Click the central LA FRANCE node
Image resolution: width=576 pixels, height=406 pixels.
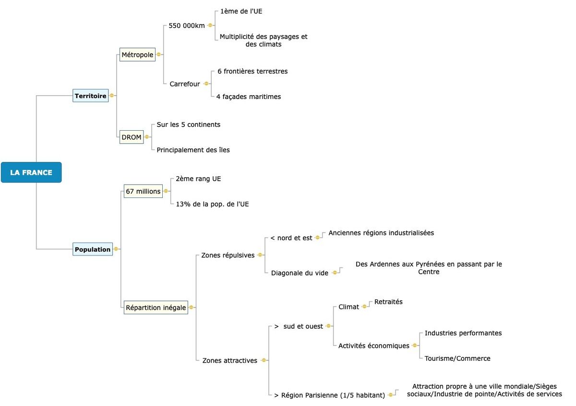pos(31,172)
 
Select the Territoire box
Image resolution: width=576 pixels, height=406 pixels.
pos(91,96)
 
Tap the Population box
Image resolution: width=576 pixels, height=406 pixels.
pos(93,249)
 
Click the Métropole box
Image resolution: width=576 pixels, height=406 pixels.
pos(137,54)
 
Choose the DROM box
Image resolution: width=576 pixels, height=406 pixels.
pos(132,137)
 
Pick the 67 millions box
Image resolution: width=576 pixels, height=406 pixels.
pos(143,191)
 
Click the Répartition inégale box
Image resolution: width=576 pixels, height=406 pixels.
pos(156,308)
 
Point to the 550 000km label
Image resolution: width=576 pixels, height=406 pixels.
pos(187,25)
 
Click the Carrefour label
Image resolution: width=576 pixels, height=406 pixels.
pos(185,84)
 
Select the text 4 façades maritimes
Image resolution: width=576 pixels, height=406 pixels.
pos(249,97)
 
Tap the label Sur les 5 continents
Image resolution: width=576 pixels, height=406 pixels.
pos(189,124)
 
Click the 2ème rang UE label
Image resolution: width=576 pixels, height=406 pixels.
pos(198,179)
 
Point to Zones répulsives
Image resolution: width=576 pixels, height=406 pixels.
pos(228,255)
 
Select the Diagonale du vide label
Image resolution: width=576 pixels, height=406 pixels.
pos(300,273)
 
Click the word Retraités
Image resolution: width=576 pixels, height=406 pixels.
pos(388,302)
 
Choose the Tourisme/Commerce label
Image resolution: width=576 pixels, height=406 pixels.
pos(457,358)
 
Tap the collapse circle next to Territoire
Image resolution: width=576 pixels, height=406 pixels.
pos(112,96)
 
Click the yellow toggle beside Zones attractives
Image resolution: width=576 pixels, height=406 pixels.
pos(264,360)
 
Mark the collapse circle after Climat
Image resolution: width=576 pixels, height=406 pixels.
pos(364,307)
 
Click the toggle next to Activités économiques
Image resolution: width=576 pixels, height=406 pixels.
pos(415,345)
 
